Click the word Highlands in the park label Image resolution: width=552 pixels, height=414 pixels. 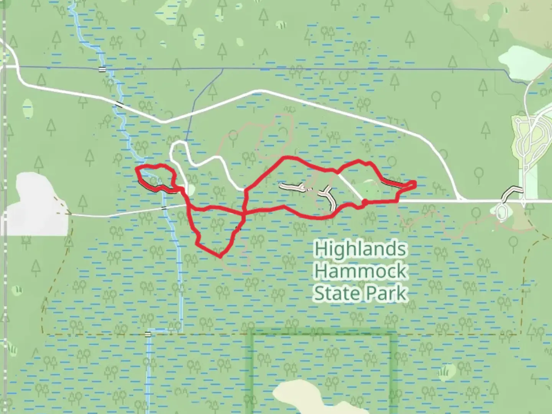pyautogui.click(x=360, y=250)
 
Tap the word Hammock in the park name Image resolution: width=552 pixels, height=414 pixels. pyautogui.click(x=360, y=271)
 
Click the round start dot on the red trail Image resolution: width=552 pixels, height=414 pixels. pyautogui.click(x=364, y=202)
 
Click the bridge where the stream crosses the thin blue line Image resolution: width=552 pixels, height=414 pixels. pyautogui.click(x=102, y=69)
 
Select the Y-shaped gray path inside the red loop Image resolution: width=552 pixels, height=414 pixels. pyautogui.click(x=328, y=195)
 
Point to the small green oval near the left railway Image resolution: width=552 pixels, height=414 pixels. pyautogui.click(x=28, y=108)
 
